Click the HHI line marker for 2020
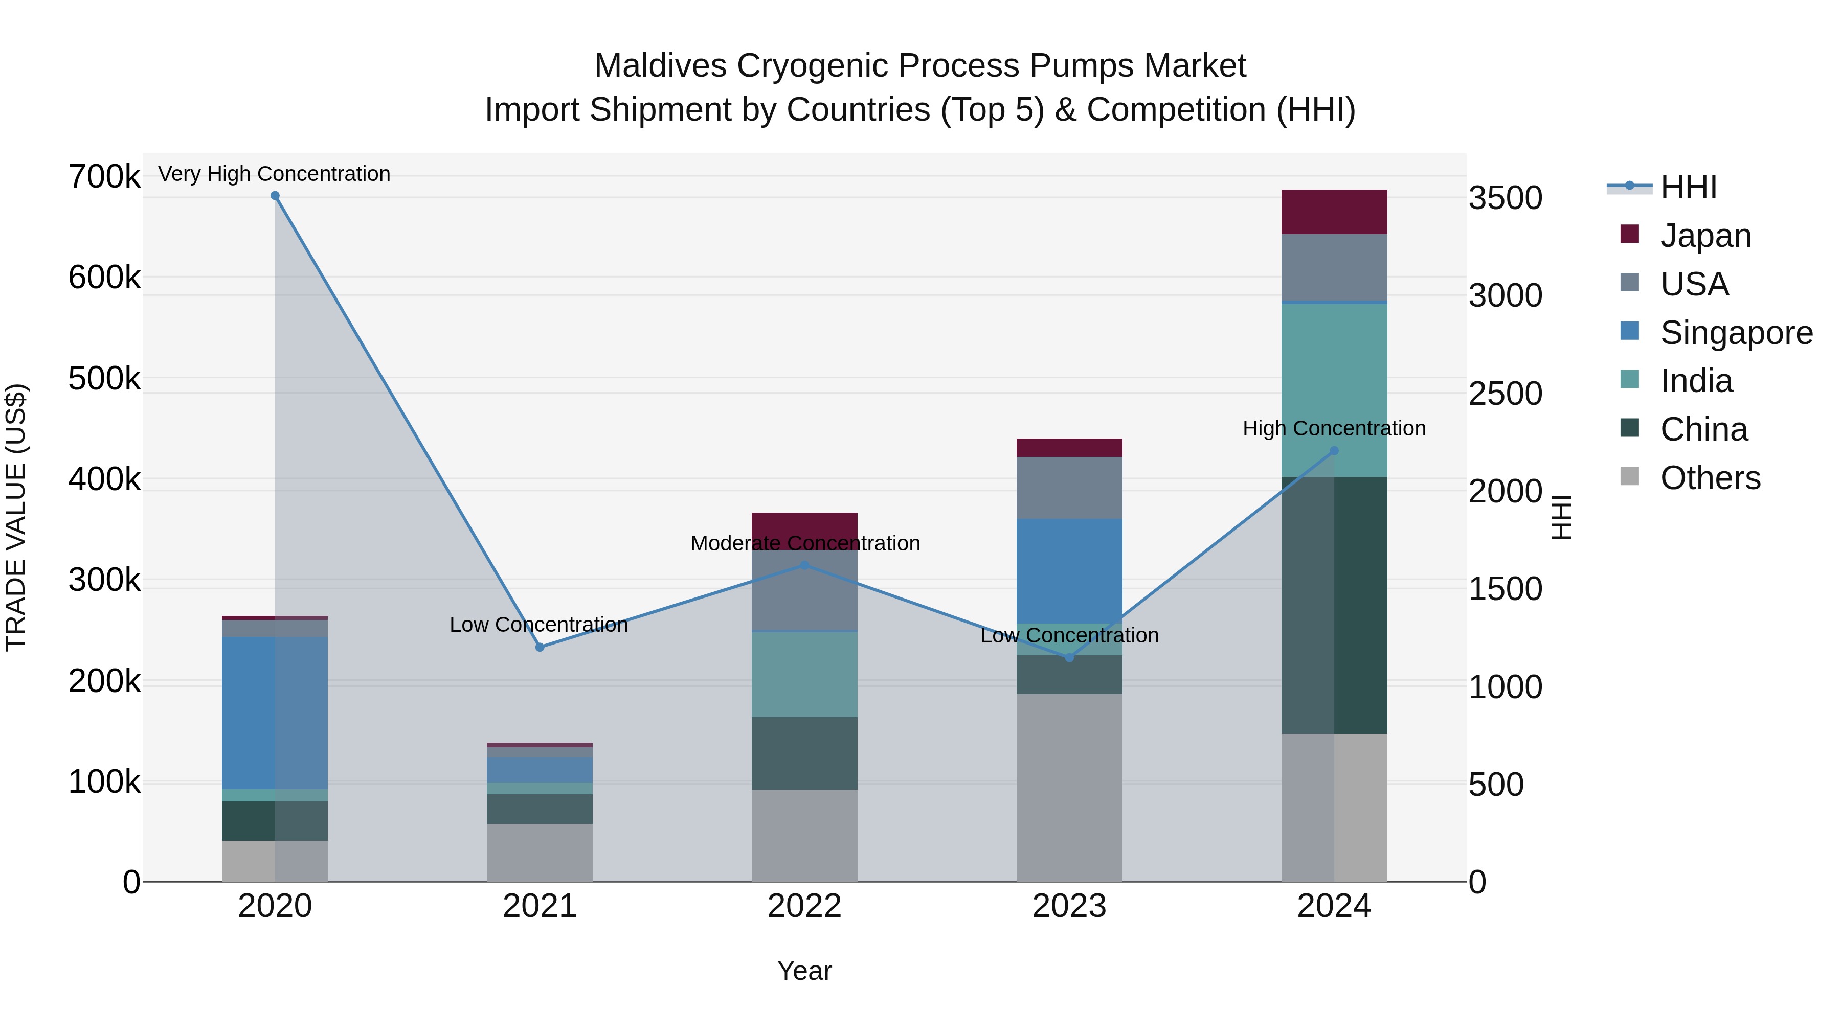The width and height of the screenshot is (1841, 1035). [275, 196]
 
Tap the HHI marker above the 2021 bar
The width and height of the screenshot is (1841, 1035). [540, 647]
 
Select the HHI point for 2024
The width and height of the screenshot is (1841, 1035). [1334, 451]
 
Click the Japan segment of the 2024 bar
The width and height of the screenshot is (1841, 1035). [1334, 212]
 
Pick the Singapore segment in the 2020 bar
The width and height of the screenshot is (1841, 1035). [275, 713]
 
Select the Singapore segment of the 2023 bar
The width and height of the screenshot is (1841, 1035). [1069, 571]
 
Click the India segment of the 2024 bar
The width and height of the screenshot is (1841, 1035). [1334, 390]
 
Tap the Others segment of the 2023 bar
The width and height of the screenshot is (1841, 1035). [1069, 787]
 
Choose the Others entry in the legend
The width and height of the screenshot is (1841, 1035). [1710, 478]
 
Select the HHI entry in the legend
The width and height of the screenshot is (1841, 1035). [1688, 187]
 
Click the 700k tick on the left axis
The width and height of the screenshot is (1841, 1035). [104, 176]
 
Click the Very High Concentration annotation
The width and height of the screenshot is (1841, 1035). [275, 174]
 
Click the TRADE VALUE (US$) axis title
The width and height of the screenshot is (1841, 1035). [16, 517]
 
